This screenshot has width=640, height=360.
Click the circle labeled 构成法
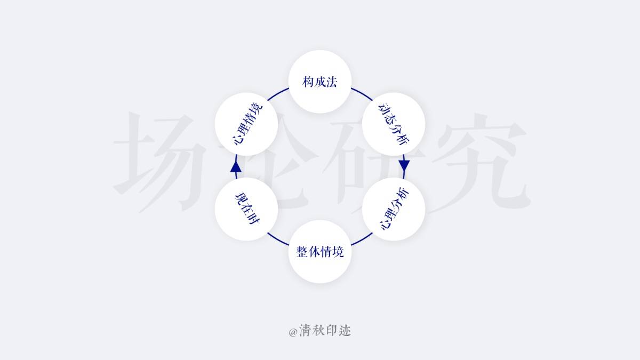[320, 82]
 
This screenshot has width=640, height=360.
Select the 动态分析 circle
[394, 124]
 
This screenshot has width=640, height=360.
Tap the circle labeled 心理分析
[394, 209]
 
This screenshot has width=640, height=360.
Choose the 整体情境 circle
[320, 252]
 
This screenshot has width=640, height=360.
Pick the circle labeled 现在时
[246, 209]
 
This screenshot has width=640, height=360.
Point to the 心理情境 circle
[246, 124]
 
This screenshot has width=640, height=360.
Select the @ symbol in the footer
[293, 332]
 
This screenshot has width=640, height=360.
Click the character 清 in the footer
[306, 331]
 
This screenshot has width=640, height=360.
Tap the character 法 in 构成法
[332, 82]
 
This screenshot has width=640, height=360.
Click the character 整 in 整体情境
[302, 252]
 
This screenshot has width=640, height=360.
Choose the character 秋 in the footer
[318, 331]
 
